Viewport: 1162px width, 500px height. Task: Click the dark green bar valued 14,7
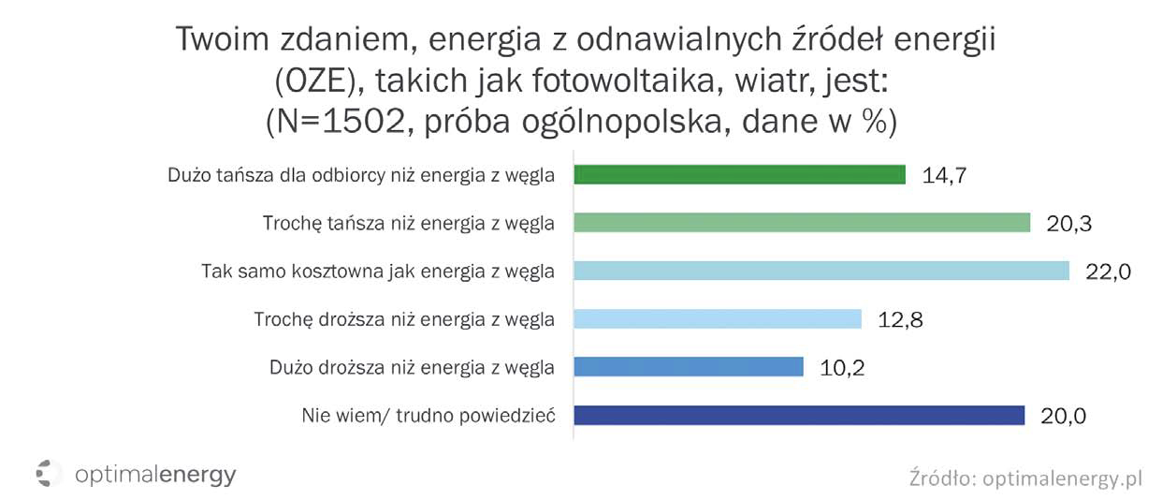[x=739, y=175]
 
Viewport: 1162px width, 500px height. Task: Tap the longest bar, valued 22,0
[x=821, y=271]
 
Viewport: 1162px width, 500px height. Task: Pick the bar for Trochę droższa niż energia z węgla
[x=718, y=319]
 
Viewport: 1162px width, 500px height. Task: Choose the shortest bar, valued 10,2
[x=689, y=367]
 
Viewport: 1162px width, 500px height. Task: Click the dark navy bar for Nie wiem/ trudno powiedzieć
[x=799, y=415]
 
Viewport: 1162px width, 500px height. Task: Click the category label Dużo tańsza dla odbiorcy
[x=361, y=175]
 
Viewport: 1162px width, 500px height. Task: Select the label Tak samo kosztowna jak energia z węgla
[x=378, y=272]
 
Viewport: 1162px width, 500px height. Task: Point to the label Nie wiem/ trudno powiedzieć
[x=428, y=415]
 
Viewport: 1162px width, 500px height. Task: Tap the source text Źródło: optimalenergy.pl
[x=1025, y=478]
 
